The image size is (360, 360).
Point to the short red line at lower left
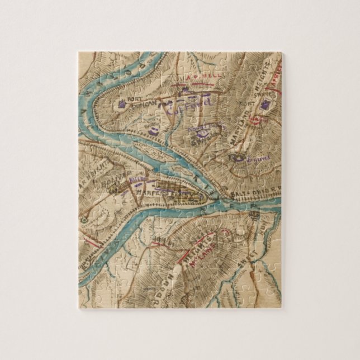pos(95,240)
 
